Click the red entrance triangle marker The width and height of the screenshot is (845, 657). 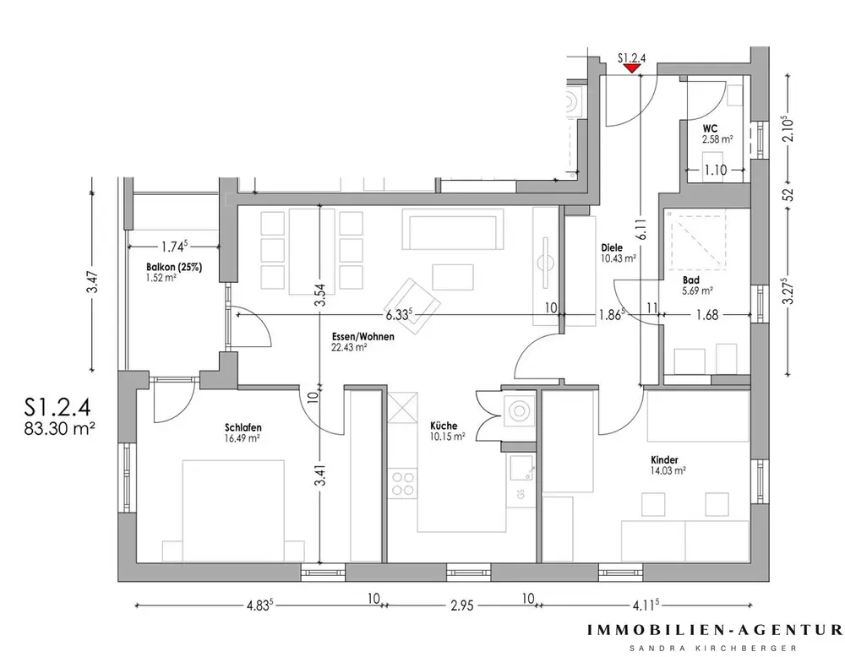[x=631, y=69]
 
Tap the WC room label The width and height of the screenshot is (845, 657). [x=711, y=128]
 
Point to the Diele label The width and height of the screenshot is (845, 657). [x=612, y=247]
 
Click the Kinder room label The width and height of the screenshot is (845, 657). [x=663, y=460]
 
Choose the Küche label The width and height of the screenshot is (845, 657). [x=443, y=426]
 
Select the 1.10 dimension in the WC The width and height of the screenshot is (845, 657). [x=716, y=170]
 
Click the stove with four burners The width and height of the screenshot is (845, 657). [x=403, y=482]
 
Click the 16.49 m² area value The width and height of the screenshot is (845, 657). [x=243, y=437]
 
